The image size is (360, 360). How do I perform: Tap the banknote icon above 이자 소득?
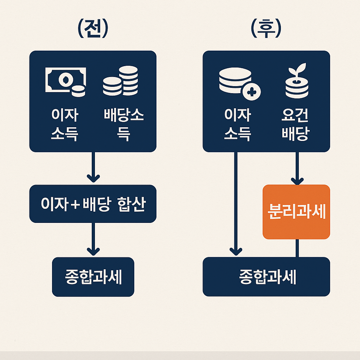point(65,81)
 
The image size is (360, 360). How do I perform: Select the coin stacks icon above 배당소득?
point(120,81)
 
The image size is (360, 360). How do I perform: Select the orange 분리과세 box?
point(296,212)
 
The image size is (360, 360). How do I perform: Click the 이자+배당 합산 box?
point(93,204)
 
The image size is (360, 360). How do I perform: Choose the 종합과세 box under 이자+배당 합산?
point(93,277)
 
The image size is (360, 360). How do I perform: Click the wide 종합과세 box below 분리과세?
point(266,277)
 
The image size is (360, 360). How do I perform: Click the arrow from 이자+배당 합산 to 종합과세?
point(93,239)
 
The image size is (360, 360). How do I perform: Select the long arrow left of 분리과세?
point(236,204)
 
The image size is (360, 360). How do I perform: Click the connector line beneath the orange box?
point(297,248)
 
